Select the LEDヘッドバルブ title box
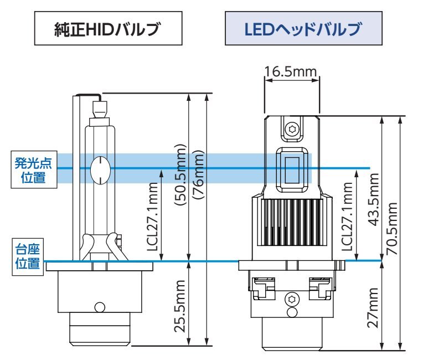(304, 29)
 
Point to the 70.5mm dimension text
(391, 227)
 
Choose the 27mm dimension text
(372, 307)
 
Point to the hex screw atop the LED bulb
(292, 129)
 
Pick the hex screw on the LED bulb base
(292, 300)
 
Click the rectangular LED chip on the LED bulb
(292, 169)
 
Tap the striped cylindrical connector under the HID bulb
(100, 331)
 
